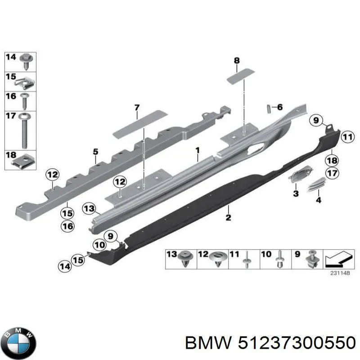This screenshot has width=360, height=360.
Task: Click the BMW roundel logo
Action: [18, 343]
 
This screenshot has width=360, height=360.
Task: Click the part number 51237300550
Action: [297, 343]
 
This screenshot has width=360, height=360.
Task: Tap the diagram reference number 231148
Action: [340, 273]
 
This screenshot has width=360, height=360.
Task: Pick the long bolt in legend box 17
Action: [24, 130]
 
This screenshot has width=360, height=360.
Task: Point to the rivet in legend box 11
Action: [246, 260]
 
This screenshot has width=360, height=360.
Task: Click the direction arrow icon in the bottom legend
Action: [338, 259]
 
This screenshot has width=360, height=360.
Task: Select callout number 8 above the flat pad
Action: [237, 61]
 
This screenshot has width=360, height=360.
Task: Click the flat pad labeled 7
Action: [140, 124]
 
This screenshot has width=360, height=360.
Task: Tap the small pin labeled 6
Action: [269, 108]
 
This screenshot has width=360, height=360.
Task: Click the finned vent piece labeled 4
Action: [316, 184]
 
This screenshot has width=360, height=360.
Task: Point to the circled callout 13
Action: [89, 209]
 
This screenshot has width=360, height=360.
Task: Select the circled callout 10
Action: [99, 245]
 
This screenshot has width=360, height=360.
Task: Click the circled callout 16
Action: [68, 226]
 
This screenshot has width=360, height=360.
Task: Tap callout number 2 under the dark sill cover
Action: [228, 217]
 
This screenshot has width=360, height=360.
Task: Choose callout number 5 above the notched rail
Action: [95, 152]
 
